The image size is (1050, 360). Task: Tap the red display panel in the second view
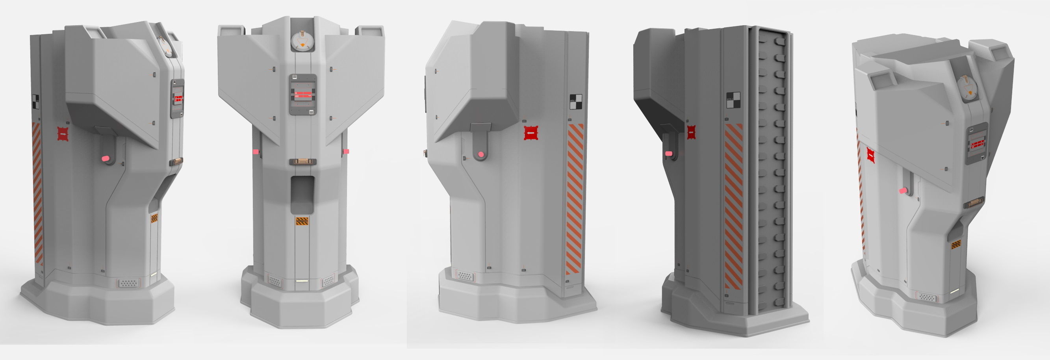(x=302, y=95)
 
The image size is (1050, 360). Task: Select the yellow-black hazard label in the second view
(x=302, y=221)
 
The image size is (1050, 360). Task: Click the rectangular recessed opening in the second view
(x=302, y=195)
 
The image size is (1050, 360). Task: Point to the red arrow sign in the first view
(x=62, y=134)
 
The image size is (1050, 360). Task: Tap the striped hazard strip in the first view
(x=37, y=194)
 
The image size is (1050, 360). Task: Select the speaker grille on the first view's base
(x=128, y=282)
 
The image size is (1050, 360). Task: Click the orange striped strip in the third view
(x=575, y=199)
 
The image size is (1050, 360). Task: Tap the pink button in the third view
(x=481, y=154)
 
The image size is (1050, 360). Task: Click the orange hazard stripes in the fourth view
(x=734, y=206)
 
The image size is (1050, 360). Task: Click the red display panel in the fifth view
(x=978, y=144)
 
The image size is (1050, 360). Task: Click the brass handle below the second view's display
(x=302, y=162)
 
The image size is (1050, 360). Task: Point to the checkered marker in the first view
(x=35, y=102)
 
